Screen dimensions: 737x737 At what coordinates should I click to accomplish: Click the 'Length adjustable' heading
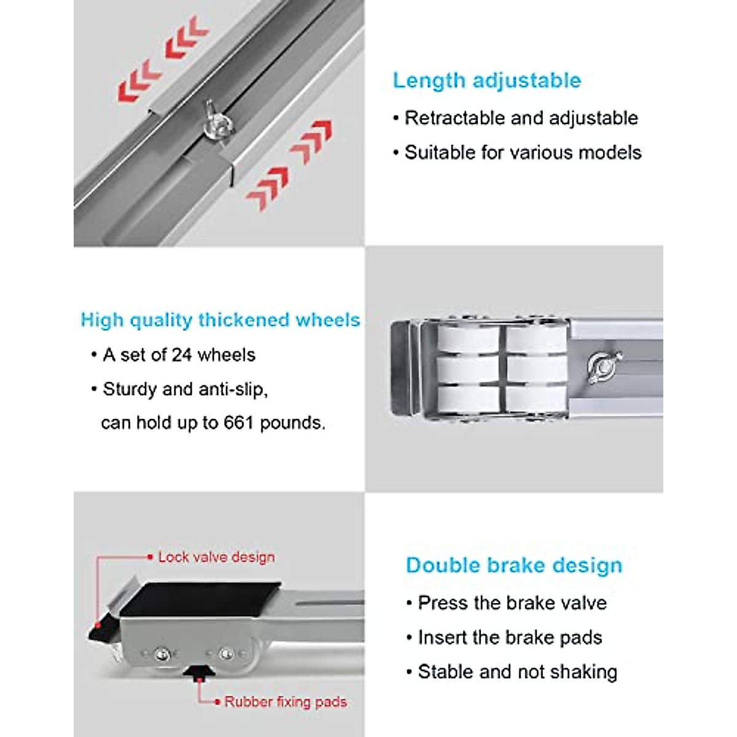[486, 80]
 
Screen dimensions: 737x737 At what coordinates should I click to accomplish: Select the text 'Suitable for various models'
[523, 152]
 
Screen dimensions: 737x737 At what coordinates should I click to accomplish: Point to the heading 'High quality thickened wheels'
[220, 320]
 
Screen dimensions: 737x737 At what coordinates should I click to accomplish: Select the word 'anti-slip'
[231, 389]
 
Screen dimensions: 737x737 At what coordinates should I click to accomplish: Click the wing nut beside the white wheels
[601, 367]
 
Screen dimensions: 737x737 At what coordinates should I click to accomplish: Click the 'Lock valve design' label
[216, 557]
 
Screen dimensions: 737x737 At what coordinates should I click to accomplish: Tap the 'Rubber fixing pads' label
[285, 701]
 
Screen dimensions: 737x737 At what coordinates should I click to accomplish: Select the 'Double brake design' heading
[514, 565]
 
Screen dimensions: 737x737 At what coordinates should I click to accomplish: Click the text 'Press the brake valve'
[512, 602]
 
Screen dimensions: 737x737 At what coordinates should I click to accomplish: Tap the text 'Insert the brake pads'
[510, 638]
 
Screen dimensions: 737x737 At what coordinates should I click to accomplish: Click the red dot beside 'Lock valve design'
[150, 557]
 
